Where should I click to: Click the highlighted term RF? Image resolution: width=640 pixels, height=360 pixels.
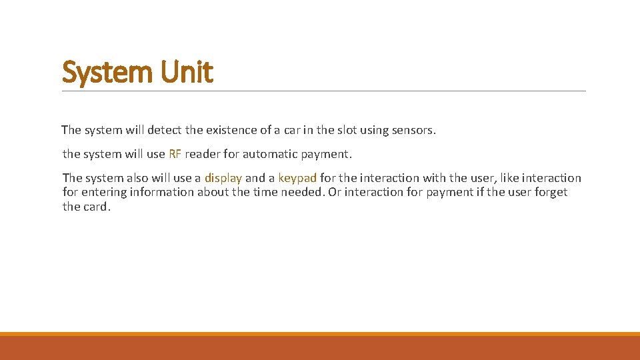point(175,154)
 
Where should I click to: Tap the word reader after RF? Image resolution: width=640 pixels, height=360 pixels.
point(203,154)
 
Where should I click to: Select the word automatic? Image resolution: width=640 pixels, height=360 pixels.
point(270,154)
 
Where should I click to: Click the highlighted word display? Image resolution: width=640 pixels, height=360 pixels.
point(223,178)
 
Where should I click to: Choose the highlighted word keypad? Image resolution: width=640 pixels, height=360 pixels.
point(297,178)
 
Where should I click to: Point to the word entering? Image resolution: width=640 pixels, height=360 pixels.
point(105,192)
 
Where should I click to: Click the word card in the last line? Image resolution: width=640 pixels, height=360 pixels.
point(97,207)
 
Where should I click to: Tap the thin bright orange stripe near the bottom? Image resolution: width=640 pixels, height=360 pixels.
point(320,334)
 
